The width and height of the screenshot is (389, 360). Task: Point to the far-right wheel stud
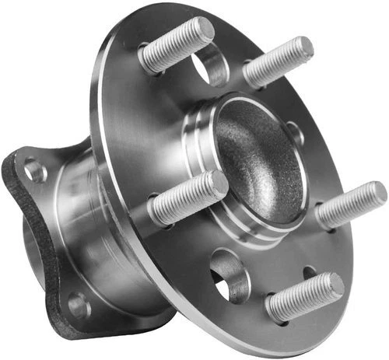(x=350, y=204)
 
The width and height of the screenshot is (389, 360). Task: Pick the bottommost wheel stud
(x=303, y=295)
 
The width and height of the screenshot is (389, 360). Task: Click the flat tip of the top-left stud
(x=205, y=30)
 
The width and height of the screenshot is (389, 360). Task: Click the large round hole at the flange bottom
(x=227, y=274)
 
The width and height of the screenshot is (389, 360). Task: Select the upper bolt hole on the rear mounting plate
(x=34, y=170)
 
